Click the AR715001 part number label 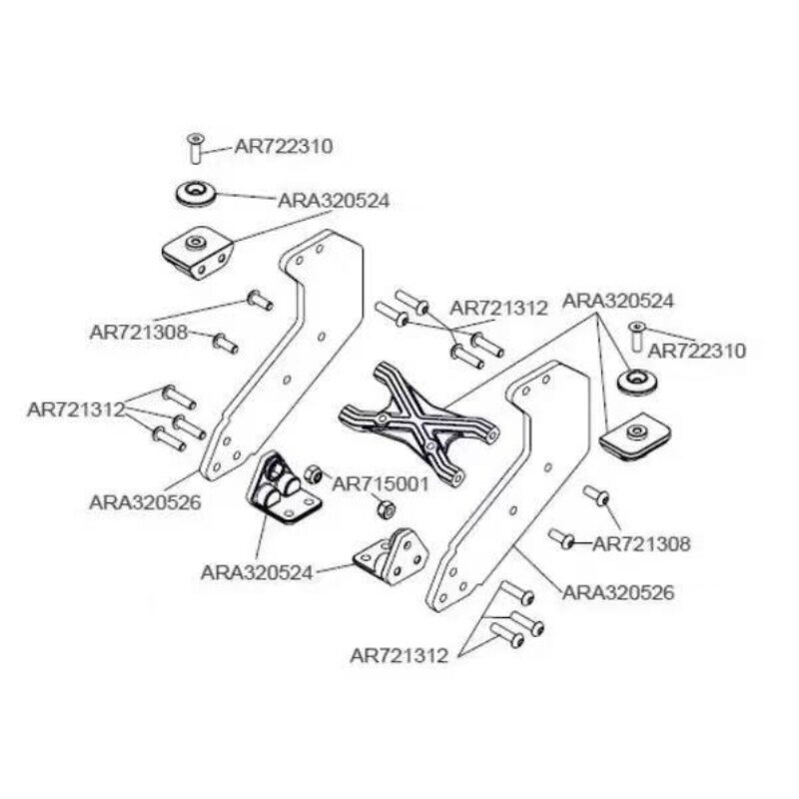pos(381,483)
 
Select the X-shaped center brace pos(418,423)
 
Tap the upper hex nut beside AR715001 pos(312,472)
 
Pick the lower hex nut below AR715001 pos(387,509)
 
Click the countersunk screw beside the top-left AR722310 pos(195,148)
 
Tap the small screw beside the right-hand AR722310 pos(633,338)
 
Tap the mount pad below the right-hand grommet pos(633,438)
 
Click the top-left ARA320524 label pos(334,200)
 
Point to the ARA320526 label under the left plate pos(145,503)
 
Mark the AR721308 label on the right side pos(642,543)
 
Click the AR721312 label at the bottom pos(405,655)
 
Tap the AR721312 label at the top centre pos(499,309)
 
